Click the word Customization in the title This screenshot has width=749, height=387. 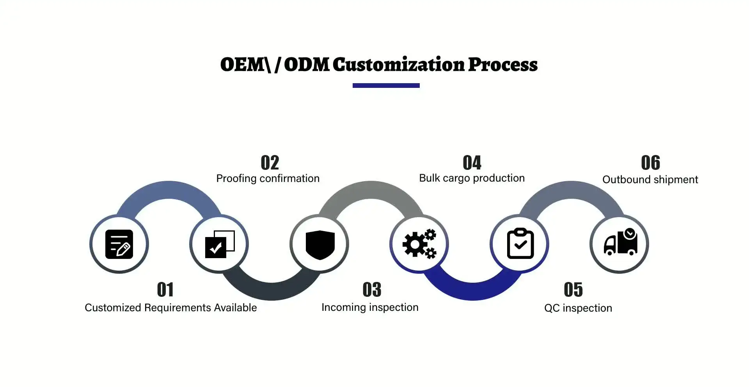(398, 64)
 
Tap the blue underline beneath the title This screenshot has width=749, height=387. (386, 86)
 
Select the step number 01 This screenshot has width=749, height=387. (165, 290)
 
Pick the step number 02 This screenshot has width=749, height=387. (270, 163)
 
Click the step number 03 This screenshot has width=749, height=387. (372, 290)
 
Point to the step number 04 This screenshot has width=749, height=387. (472, 163)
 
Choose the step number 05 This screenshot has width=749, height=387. (573, 290)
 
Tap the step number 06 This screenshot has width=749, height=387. (651, 163)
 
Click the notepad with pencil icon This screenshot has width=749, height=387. (119, 244)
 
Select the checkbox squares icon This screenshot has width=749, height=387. (220, 244)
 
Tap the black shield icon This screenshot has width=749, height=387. (320, 245)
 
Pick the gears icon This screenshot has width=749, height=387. (419, 244)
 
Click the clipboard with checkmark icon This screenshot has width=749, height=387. (520, 244)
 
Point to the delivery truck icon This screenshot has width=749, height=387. (621, 242)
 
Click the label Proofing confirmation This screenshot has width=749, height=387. (268, 178)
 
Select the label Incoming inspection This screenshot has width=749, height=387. (370, 307)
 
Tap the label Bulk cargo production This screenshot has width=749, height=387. (472, 178)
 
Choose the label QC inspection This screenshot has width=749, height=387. (578, 308)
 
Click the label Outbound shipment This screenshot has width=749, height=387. (650, 180)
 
